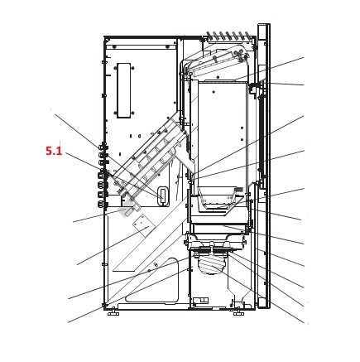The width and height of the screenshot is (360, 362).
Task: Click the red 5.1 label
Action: [x=54, y=151]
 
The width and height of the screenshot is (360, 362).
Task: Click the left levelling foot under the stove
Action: [x=113, y=313]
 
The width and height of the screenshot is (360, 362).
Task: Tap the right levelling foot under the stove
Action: [x=238, y=313]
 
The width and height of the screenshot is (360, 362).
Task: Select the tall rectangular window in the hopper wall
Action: [x=124, y=90]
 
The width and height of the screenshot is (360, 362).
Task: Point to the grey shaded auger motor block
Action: [x=127, y=210]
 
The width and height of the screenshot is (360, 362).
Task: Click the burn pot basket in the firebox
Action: [x=217, y=200]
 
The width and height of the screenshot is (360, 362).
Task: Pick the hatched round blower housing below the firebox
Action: [x=211, y=264]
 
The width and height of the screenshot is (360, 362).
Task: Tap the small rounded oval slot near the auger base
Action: [x=163, y=195]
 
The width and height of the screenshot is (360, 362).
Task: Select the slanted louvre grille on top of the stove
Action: [x=228, y=36]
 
